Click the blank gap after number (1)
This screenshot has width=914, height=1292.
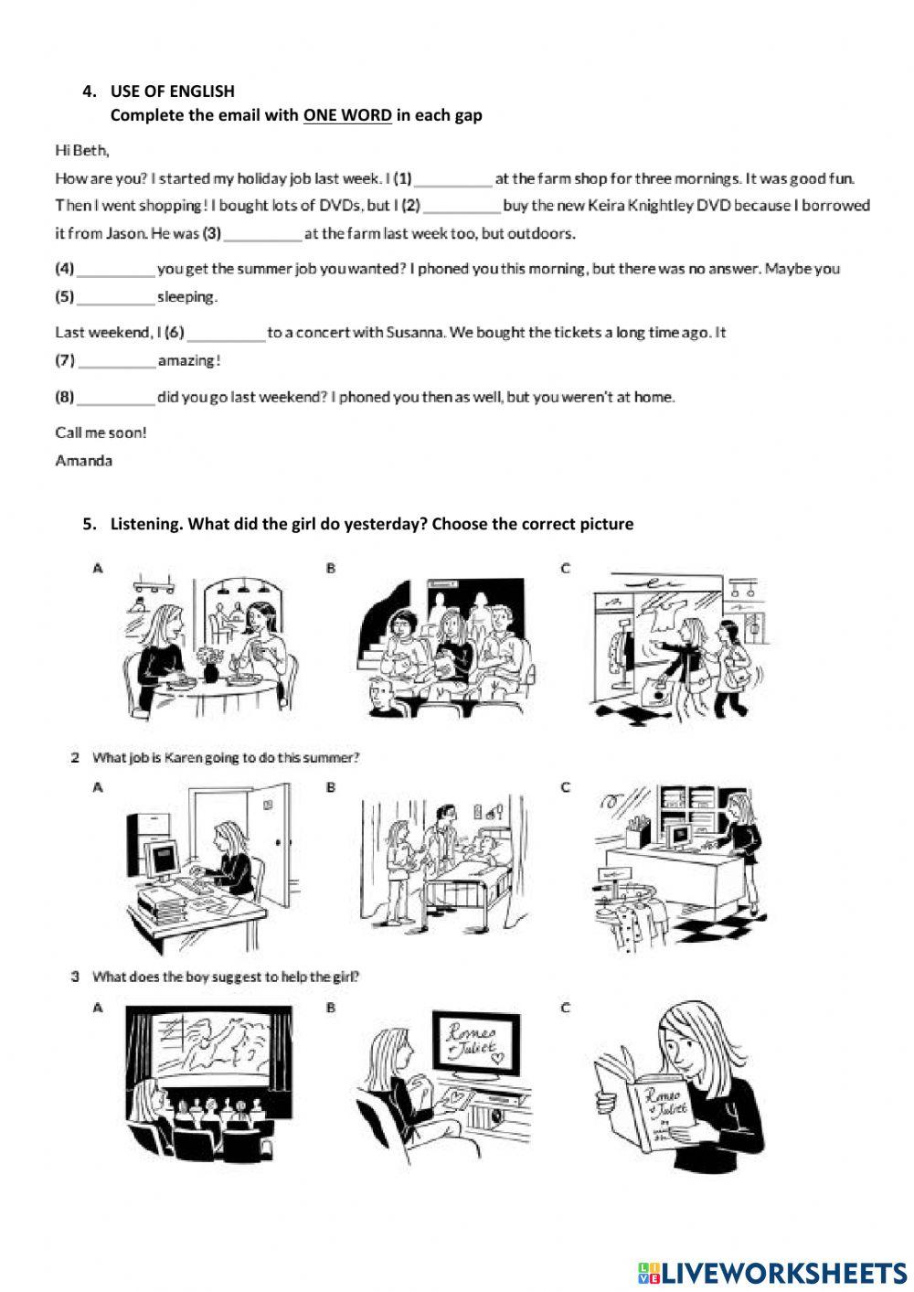pyautogui.click(x=453, y=180)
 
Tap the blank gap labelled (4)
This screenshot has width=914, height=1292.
pyautogui.click(x=116, y=271)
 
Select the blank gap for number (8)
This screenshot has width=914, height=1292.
pyautogui.click(x=116, y=399)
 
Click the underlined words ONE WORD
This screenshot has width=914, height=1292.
pyautogui.click(x=347, y=115)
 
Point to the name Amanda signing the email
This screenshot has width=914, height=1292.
pyautogui.click(x=84, y=461)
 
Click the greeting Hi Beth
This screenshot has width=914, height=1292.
pyautogui.click(x=82, y=150)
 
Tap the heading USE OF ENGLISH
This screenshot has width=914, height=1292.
pyautogui.click(x=172, y=91)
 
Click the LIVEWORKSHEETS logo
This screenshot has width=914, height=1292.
pyautogui.click(x=772, y=1273)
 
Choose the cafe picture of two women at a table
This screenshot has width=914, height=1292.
pyautogui.click(x=208, y=645)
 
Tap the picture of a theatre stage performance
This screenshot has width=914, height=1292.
pyautogui.click(x=208, y=1079)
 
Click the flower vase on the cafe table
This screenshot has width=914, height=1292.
pyautogui.click(x=210, y=665)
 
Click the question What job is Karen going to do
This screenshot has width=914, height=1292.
pyautogui.click(x=226, y=758)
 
